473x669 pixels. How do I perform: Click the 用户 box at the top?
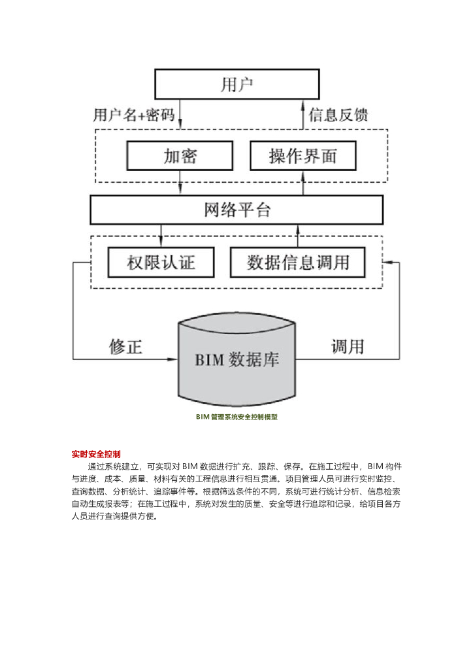pyautogui.click(x=236, y=85)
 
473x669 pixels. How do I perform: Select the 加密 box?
pyautogui.click(x=180, y=157)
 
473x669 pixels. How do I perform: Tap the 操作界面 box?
pyautogui.click(x=303, y=157)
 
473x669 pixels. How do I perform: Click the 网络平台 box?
pyautogui.click(x=236, y=210)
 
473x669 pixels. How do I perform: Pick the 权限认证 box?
pyautogui.click(x=161, y=263)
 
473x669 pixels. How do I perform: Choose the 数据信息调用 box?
pyautogui.click(x=298, y=263)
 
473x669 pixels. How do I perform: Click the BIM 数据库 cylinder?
pyautogui.click(x=236, y=360)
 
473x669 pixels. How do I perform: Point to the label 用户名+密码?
pyautogui.click(x=134, y=116)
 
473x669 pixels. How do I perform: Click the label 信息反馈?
pyautogui.click(x=338, y=116)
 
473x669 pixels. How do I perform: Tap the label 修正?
pyautogui.click(x=125, y=346)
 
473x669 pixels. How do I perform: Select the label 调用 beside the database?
pyautogui.click(x=347, y=346)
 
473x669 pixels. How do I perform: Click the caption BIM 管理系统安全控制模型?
pyautogui.click(x=236, y=416)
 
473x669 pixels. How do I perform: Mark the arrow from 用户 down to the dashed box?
pyautogui.click(x=180, y=118)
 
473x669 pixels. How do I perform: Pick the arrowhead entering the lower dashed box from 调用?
pyautogui.click(x=388, y=262)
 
